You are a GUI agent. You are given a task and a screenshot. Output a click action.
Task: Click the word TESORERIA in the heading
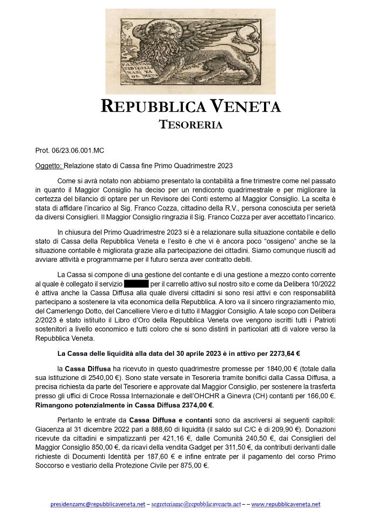pos(191,125)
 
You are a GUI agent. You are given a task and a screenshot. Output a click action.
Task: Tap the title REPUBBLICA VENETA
pos(191,106)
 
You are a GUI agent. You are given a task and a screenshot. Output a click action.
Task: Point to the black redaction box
pos(136,282)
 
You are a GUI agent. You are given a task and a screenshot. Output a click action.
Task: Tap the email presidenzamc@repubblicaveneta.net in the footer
pos(97,504)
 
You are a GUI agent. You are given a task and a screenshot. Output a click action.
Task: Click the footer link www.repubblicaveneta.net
pos(286,504)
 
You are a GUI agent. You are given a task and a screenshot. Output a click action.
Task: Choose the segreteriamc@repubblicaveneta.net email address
pos(196,504)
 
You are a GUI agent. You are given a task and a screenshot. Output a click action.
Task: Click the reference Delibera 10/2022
pos(306,282)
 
